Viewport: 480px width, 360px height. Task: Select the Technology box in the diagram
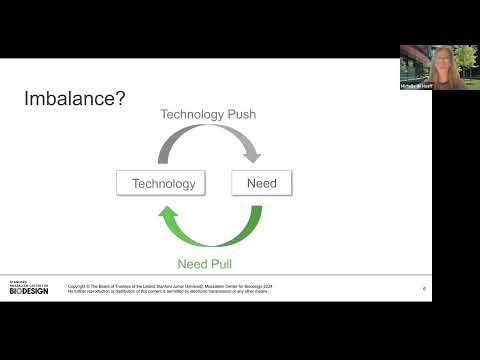coord(164,184)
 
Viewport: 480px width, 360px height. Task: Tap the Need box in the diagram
coord(262,184)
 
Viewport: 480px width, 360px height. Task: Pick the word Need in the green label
coord(193,264)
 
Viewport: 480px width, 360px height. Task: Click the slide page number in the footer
coord(424,289)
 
